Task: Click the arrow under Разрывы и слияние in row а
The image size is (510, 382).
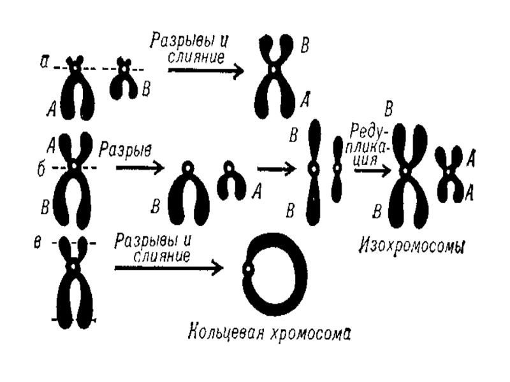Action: pyautogui.click(x=205, y=70)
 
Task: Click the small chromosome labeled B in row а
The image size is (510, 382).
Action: pyautogui.click(x=124, y=80)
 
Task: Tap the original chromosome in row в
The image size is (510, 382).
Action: pyautogui.click(x=75, y=280)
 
